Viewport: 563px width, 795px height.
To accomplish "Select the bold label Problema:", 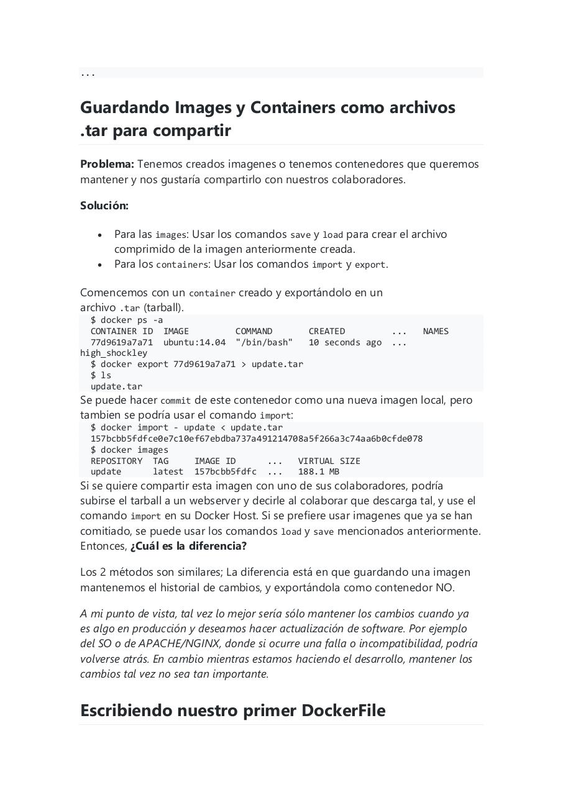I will [x=107, y=164].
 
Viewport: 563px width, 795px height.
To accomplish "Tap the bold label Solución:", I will [x=104, y=205].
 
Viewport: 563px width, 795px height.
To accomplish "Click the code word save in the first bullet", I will [x=300, y=235].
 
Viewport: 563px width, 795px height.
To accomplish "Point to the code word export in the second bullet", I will [x=370, y=265].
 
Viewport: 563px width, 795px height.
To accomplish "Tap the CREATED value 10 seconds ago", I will [x=345, y=342].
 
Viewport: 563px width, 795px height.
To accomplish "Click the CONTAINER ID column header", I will [x=122, y=331].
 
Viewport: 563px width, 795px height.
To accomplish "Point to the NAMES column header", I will [x=436, y=331].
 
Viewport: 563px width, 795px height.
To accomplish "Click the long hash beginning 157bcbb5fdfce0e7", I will [x=256, y=438].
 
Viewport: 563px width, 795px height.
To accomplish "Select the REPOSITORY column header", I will [x=116, y=461].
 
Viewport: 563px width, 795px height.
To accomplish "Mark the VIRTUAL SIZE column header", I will [x=329, y=461].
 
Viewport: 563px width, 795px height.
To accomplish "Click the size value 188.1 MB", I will [x=319, y=471].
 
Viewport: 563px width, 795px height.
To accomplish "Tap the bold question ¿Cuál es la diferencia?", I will [x=188, y=546].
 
